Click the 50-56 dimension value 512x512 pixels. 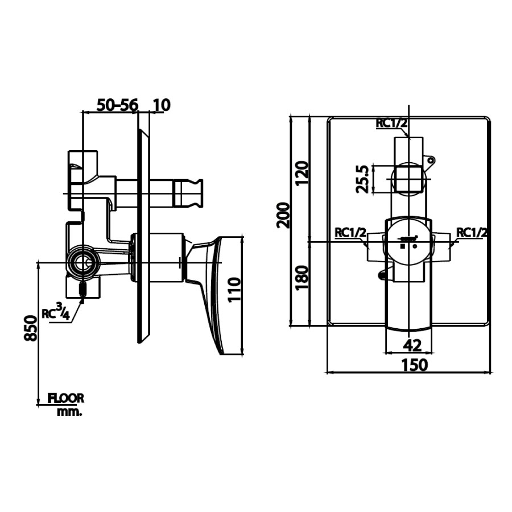coord(118,105)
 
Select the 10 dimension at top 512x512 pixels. coord(162,105)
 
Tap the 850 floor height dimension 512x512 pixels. coord(31,328)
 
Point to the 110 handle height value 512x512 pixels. coord(234,290)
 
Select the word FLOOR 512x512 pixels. coord(66,398)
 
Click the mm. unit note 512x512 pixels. coord(69,412)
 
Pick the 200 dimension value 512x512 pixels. coord(283,216)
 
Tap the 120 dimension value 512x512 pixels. coord(302,173)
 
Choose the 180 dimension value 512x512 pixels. coord(302,278)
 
